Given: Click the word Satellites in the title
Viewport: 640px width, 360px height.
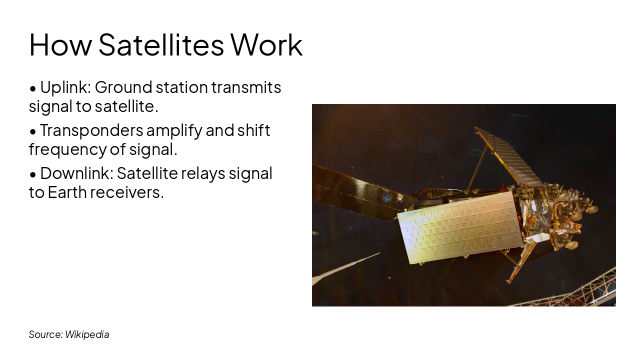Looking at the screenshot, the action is [x=161, y=45].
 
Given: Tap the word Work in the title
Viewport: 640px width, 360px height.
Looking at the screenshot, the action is [x=266, y=45].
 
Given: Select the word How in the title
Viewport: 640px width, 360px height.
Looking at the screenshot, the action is [x=60, y=45].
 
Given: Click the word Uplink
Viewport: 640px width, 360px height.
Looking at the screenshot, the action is [x=65, y=87].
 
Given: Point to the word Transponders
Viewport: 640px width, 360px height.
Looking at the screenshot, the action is [x=91, y=130].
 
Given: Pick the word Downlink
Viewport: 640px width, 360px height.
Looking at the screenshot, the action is [x=76, y=173].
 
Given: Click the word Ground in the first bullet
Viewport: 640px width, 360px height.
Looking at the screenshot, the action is [x=123, y=87].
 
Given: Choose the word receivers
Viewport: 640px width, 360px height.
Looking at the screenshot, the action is [x=127, y=192].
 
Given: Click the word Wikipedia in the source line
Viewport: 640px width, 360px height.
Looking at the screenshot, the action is [x=87, y=334].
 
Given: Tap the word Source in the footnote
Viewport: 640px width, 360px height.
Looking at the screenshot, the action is [x=45, y=334].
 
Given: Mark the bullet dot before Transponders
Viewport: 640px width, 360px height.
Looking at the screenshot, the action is [x=33, y=132].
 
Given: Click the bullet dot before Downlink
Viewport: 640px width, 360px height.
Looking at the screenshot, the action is [x=33, y=175].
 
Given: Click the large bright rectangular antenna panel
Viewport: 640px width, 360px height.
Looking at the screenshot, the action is [x=460, y=227].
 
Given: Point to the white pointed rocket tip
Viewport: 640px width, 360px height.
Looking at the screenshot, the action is [x=345, y=269].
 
